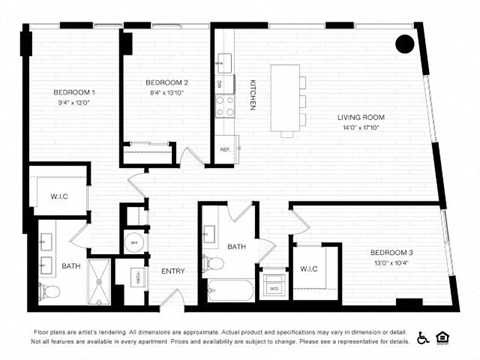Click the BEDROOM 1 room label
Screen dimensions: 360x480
pyautogui.click(x=75, y=92)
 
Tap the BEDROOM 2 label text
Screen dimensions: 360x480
pyautogui.click(x=167, y=82)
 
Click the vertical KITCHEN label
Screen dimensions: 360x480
pyautogui.click(x=253, y=95)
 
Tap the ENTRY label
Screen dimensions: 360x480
pyautogui.click(x=172, y=271)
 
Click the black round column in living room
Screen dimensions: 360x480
pyautogui.click(x=404, y=44)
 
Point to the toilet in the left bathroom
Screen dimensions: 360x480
pyautogui.click(x=50, y=292)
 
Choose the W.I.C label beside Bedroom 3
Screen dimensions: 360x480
pyautogui.click(x=308, y=268)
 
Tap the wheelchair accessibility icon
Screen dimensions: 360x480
pyautogui.click(x=423, y=337)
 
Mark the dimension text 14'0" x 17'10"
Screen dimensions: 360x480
pyautogui.click(x=361, y=128)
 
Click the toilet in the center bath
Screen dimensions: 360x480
pyautogui.click(x=213, y=264)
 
